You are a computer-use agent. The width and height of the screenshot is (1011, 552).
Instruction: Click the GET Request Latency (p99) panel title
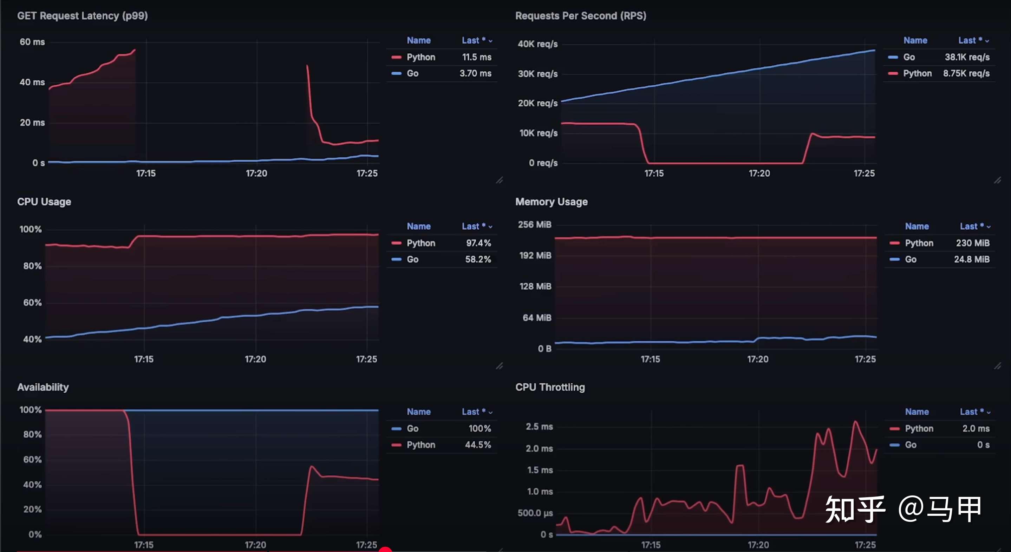(83, 16)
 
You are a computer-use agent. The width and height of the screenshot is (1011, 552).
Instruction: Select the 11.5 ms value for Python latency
(476, 57)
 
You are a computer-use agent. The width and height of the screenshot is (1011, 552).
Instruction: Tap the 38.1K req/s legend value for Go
(967, 57)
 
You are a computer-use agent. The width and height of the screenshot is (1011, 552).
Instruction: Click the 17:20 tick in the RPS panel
(759, 173)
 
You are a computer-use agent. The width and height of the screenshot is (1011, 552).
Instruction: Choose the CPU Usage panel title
(44, 202)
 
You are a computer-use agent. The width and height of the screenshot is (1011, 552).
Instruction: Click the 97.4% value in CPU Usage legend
(478, 243)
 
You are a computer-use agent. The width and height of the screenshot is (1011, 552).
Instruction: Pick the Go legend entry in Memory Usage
(911, 259)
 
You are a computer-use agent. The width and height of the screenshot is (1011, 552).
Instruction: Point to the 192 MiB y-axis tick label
(535, 255)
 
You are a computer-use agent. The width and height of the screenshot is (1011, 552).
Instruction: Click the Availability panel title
(43, 387)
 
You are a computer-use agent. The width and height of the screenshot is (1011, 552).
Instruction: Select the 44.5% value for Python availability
(478, 445)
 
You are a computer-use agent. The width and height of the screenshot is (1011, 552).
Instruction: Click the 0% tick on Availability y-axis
(35, 534)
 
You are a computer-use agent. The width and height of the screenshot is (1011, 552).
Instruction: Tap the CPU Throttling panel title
(550, 387)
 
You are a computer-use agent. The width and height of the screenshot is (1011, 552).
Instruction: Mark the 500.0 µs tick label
(535, 513)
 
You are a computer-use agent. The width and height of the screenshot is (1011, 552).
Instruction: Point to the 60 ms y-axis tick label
(32, 42)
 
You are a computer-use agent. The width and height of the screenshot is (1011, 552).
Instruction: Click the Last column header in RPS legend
(969, 40)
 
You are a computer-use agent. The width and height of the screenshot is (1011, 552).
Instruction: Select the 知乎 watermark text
(855, 509)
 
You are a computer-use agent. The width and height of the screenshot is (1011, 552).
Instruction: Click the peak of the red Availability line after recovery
(312, 466)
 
